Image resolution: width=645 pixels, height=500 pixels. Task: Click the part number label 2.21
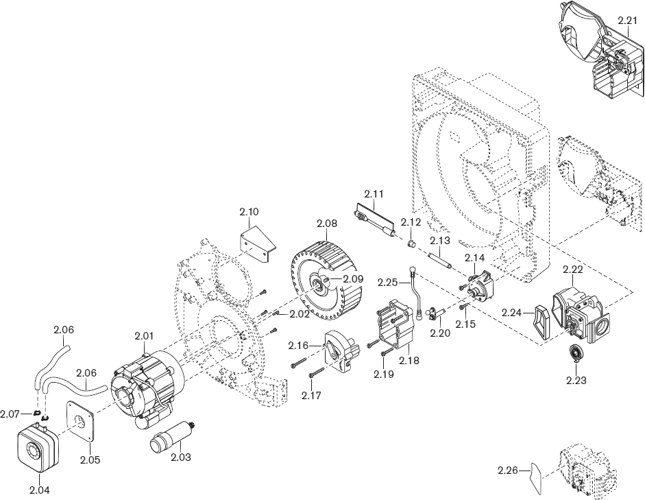pos(627,21)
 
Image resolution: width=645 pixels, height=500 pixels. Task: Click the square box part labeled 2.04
pos(33,449)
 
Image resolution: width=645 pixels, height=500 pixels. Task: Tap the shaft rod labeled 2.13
pos(438,261)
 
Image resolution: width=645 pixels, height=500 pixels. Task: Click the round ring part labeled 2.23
pos(575,355)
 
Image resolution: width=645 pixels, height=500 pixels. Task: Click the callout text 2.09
pos(353,279)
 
